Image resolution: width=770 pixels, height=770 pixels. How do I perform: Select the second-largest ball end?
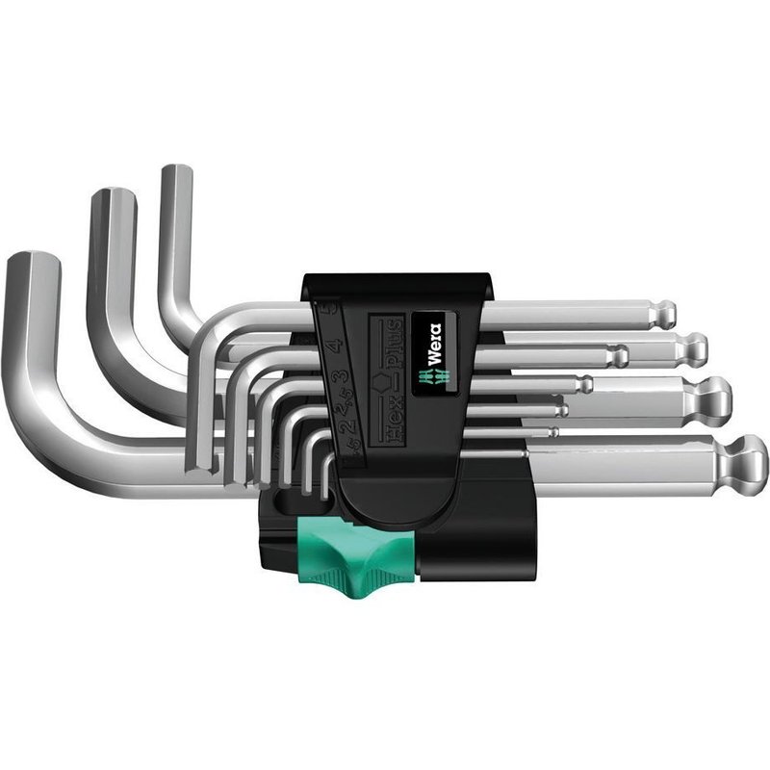(712, 394)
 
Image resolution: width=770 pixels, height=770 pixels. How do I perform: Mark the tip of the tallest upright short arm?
(177, 172)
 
